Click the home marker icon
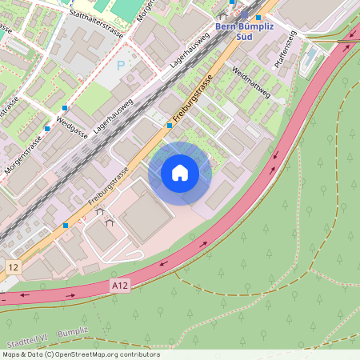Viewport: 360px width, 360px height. [179, 173]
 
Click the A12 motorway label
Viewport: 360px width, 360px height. [121, 284]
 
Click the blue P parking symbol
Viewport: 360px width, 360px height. [122, 66]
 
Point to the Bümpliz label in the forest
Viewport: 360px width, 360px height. [73, 330]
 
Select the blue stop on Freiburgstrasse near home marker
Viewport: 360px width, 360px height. [170, 125]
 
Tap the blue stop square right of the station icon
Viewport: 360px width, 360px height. [258, 17]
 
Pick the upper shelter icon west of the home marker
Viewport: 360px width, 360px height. [100, 212]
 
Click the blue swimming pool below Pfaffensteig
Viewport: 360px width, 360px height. [308, 60]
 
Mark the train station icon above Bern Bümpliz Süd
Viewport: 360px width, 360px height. [244, 14]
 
